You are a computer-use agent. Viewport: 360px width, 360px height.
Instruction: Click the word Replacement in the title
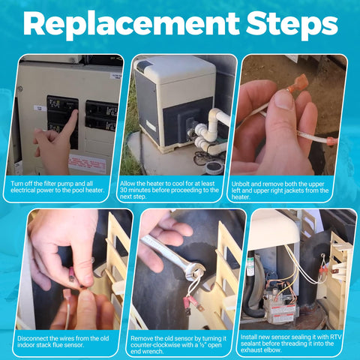[x=131, y=24]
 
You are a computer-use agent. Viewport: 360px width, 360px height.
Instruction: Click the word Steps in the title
[x=292, y=24]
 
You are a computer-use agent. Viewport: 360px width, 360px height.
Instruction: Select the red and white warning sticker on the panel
[x=87, y=163]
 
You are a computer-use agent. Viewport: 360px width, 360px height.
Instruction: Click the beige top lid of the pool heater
[x=175, y=70]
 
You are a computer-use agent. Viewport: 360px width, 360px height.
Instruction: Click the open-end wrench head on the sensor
[x=196, y=270]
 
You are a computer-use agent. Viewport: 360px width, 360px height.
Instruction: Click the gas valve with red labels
[x=280, y=306]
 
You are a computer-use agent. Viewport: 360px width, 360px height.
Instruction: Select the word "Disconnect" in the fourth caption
[x=32, y=338]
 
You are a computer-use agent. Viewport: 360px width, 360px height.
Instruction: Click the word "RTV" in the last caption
[x=336, y=337]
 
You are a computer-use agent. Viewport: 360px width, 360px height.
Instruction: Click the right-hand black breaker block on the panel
[x=101, y=115]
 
